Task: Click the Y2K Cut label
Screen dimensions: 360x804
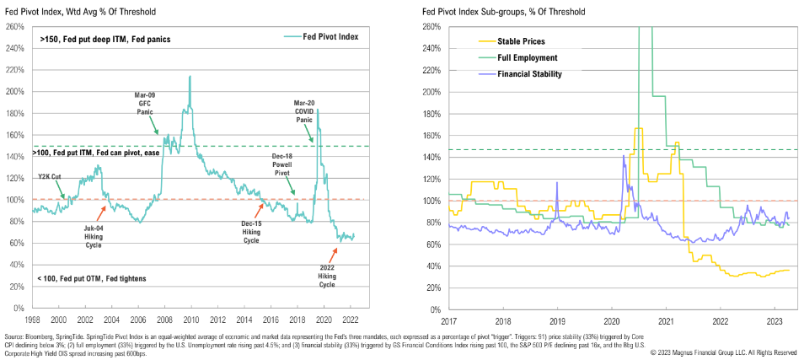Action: [x=51, y=177]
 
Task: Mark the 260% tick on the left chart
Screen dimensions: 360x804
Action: [x=14, y=26]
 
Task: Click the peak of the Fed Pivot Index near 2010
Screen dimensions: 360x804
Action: [x=190, y=77]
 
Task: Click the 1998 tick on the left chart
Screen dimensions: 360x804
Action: [x=33, y=321]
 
